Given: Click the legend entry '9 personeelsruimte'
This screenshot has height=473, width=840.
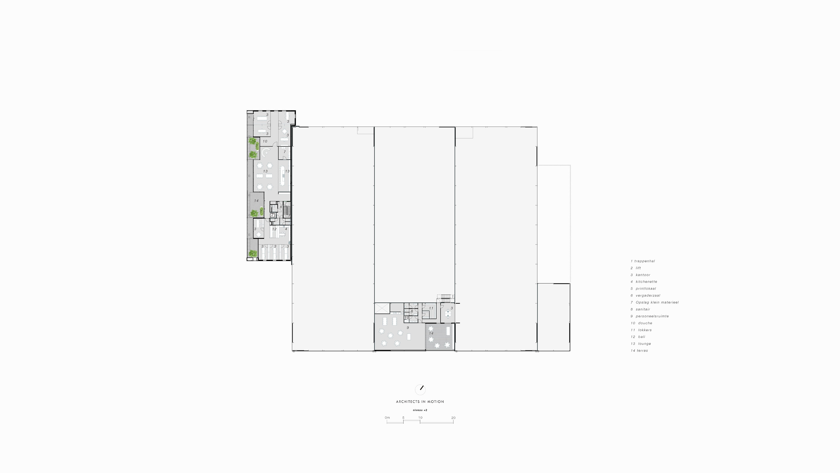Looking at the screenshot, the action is [x=649, y=316].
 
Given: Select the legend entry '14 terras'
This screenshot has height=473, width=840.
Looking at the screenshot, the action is [x=639, y=351].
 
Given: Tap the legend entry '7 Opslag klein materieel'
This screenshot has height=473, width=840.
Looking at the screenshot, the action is [x=654, y=302].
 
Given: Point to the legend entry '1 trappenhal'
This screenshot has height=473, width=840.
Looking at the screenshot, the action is [x=642, y=261].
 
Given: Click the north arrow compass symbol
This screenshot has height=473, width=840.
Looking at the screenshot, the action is [x=420, y=389].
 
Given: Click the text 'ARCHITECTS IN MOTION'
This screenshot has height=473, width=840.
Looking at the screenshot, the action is [x=420, y=402].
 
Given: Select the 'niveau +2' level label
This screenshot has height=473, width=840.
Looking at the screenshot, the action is [x=420, y=410].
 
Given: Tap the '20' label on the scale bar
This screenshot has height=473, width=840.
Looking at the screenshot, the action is [x=453, y=418].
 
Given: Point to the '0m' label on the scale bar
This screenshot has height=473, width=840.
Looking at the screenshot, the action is [x=387, y=418].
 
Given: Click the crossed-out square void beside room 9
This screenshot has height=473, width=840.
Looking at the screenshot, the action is [x=382, y=308].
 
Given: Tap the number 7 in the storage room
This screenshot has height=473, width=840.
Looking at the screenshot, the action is [x=285, y=152].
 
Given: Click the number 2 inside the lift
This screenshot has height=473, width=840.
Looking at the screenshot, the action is [x=272, y=215].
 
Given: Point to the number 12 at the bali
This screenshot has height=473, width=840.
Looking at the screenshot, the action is [x=274, y=229].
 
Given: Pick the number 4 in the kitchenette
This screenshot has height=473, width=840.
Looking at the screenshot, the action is [x=286, y=229].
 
